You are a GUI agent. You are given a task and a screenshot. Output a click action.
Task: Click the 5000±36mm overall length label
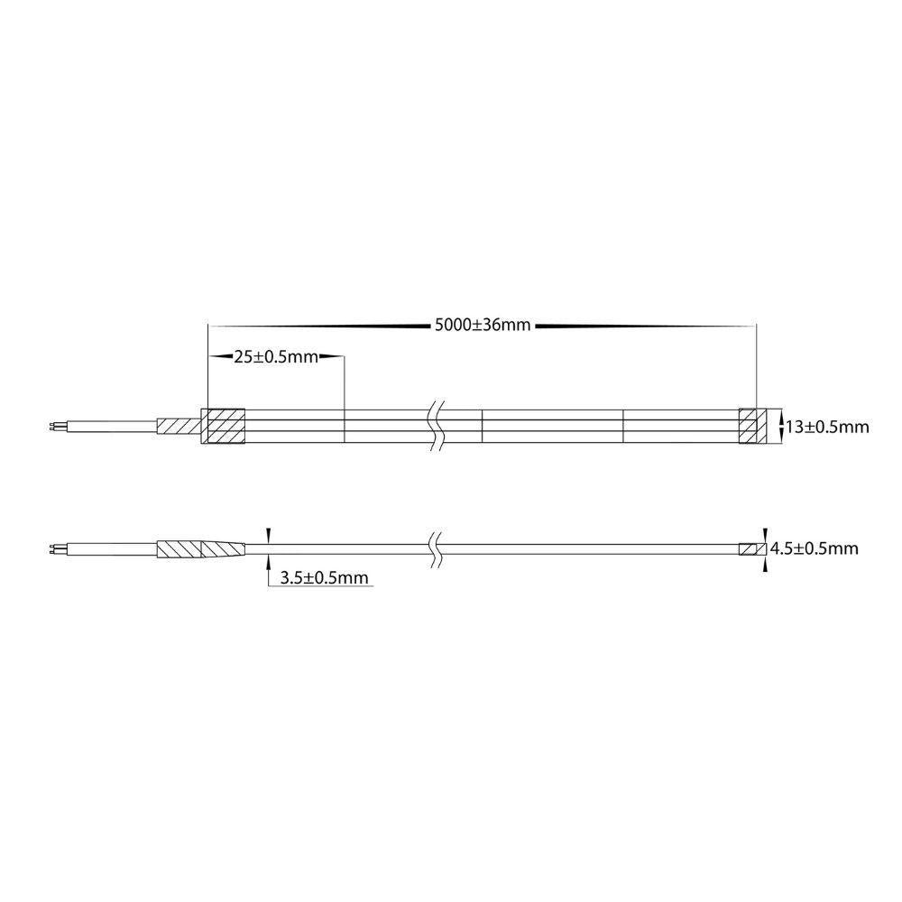click(x=482, y=326)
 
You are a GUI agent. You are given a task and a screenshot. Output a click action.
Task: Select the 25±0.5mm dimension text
click(x=275, y=357)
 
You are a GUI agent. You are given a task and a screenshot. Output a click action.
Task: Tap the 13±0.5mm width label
click(x=827, y=427)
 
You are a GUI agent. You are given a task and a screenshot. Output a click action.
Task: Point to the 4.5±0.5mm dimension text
click(x=814, y=548)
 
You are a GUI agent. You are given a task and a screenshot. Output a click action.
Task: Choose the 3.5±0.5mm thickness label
click(x=324, y=577)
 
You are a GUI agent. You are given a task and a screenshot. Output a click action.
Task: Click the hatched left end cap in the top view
click(x=223, y=427)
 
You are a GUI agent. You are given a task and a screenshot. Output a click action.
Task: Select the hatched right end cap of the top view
click(x=752, y=427)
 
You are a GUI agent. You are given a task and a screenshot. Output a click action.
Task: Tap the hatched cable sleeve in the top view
click(x=179, y=427)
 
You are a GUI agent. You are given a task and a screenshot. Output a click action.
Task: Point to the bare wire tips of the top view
click(x=54, y=427)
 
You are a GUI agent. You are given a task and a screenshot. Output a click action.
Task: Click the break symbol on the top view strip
click(x=436, y=427)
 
